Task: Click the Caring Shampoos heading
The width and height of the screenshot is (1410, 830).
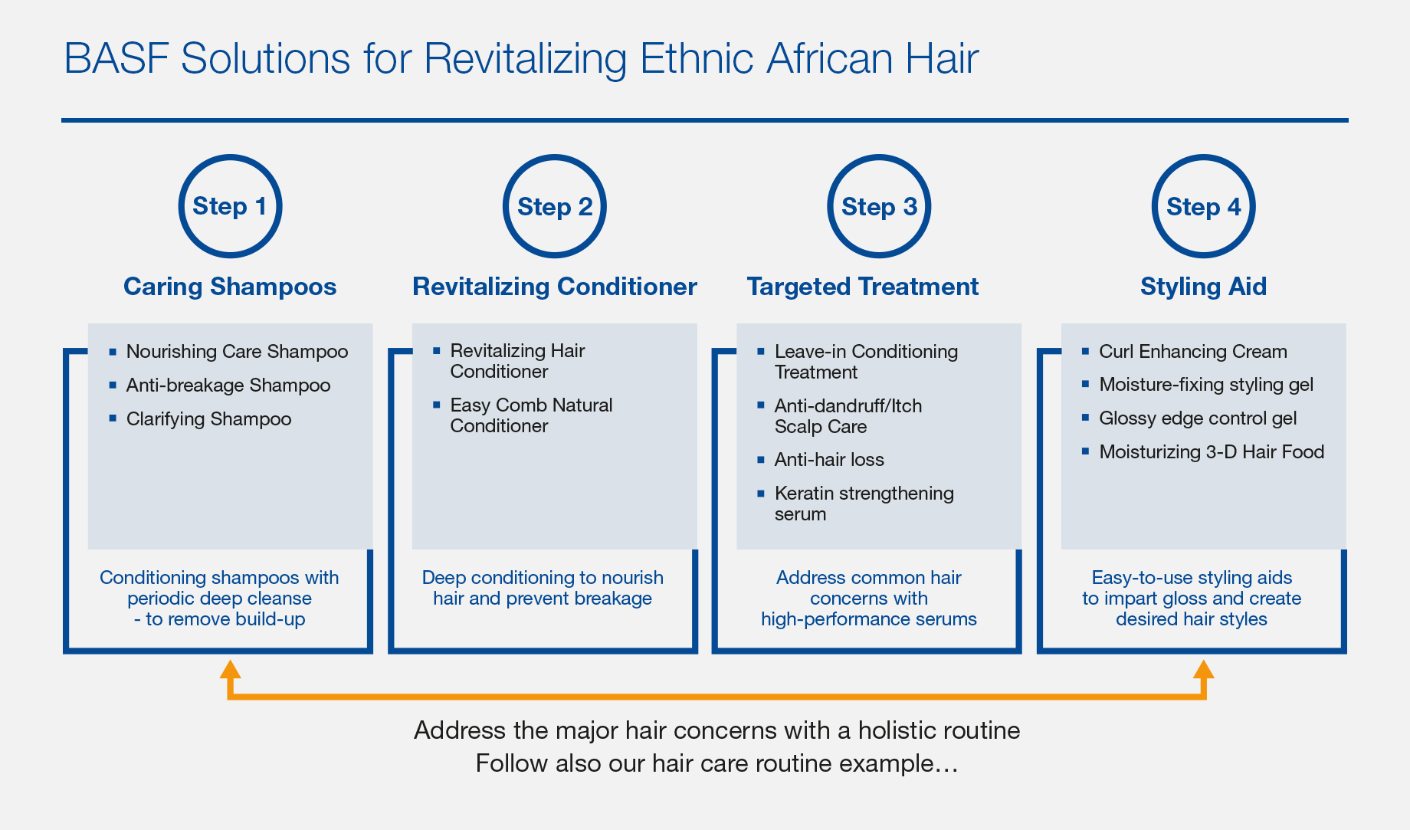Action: (x=230, y=287)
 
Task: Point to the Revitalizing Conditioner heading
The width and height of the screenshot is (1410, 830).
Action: (x=555, y=287)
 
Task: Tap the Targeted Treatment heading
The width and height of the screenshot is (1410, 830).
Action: (x=863, y=287)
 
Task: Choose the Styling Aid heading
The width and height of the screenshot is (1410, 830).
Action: (x=1203, y=287)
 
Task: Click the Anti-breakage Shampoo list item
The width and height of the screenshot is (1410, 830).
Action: (x=228, y=385)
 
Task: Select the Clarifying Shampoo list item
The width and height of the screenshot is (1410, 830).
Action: (x=208, y=418)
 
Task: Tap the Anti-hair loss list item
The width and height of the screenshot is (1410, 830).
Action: (x=829, y=459)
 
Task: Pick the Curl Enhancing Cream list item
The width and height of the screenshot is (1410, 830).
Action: (x=1193, y=351)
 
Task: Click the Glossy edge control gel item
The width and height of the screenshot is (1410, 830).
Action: (x=1198, y=418)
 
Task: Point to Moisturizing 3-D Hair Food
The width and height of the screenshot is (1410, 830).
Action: (x=1212, y=451)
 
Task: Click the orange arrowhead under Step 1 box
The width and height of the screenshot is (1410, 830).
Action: (x=230, y=669)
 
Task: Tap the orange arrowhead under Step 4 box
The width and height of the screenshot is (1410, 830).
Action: (x=1203, y=669)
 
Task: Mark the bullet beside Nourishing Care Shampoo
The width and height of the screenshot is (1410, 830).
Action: (x=113, y=352)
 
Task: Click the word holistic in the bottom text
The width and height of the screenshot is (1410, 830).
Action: (x=897, y=730)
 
